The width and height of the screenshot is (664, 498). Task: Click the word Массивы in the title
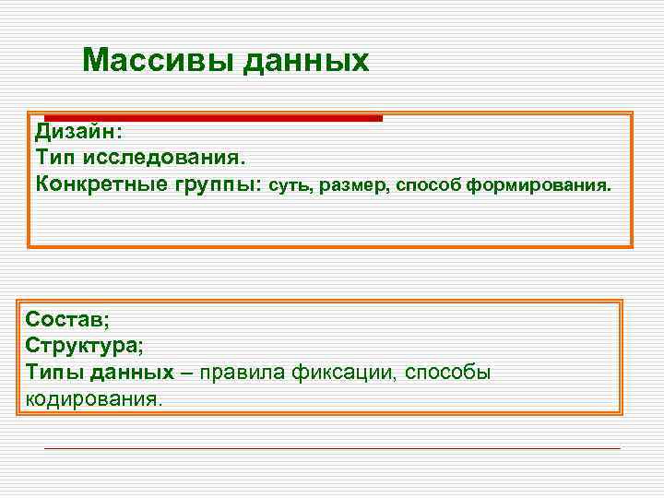158,61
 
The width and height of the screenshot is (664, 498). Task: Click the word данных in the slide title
305,61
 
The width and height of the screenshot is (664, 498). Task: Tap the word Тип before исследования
54,159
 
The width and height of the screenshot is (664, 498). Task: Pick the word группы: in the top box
217,184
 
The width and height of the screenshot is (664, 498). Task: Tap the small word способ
429,185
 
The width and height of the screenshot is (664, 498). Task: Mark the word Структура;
85,346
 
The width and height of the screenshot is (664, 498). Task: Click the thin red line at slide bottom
332,448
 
